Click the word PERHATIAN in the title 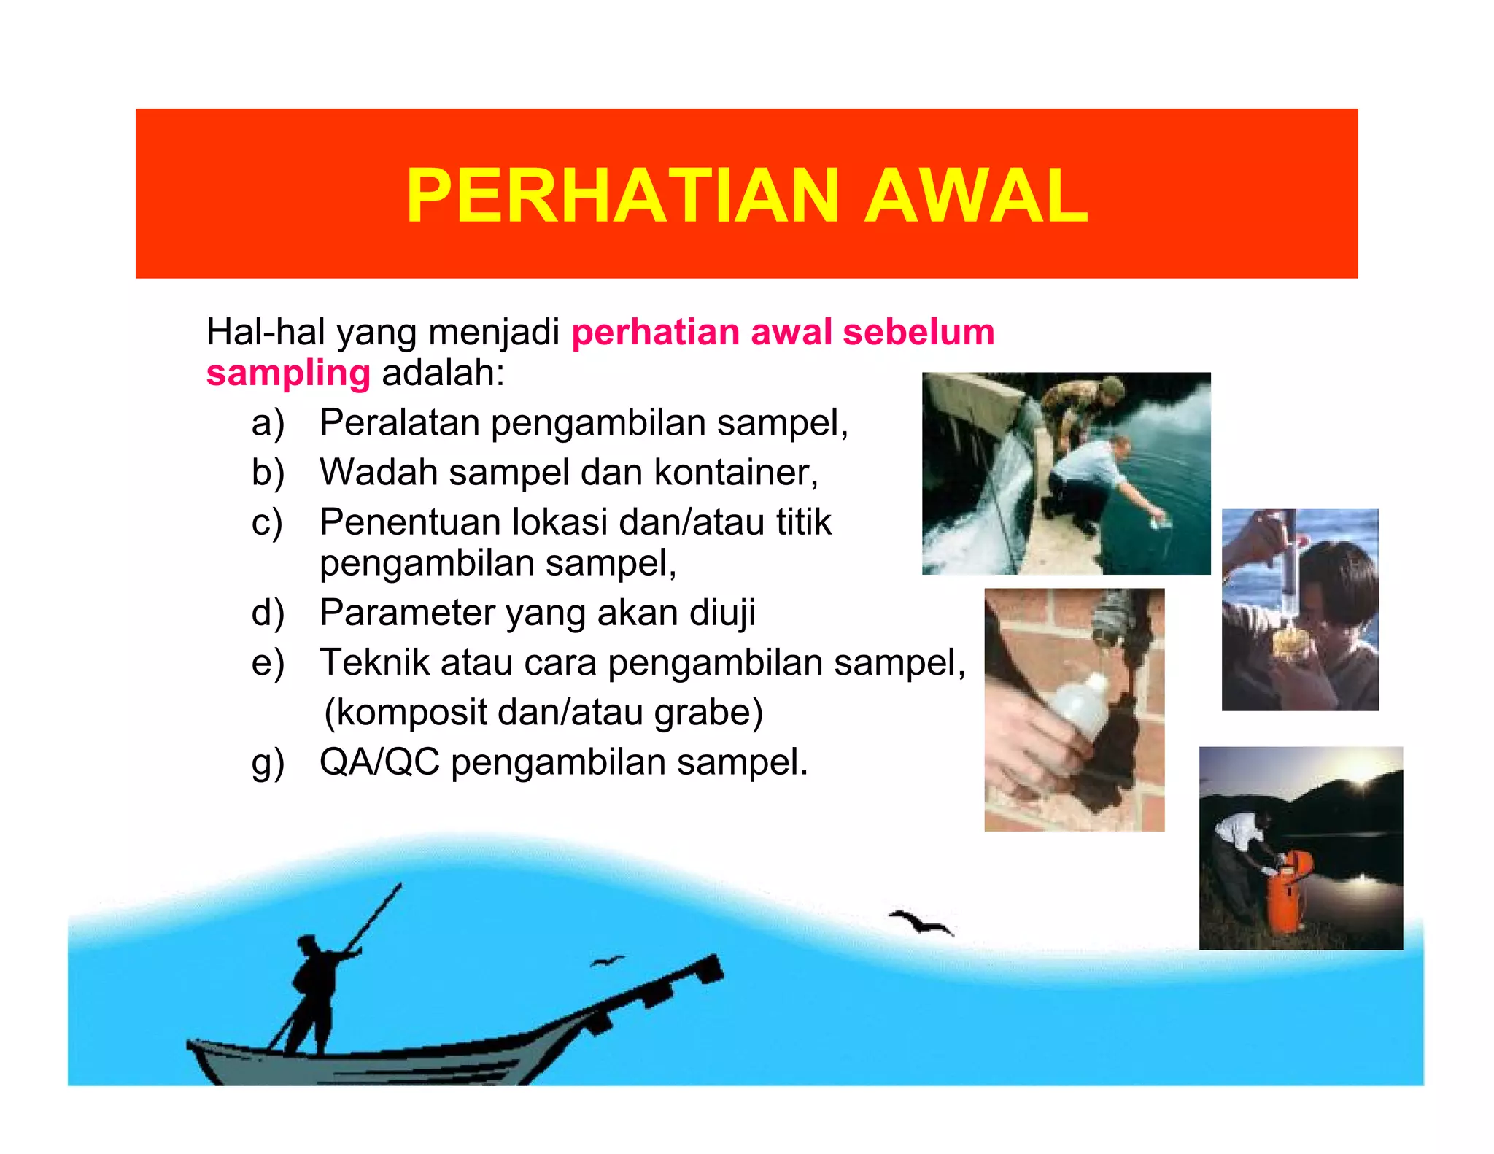(x=622, y=195)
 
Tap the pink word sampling (x=288, y=373)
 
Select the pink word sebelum (x=918, y=332)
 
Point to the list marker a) (x=268, y=423)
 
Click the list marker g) (x=268, y=763)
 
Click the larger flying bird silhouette (x=921, y=922)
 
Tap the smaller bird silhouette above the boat (x=607, y=961)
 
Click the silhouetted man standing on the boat (x=315, y=988)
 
